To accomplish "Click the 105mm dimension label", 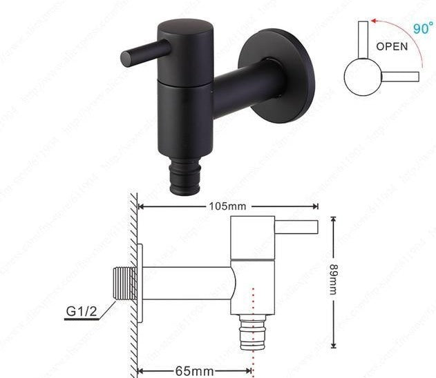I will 229,206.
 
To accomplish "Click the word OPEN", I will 392,47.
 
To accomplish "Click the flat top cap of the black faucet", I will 185,28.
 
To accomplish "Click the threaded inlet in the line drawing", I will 123,283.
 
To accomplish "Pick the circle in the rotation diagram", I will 361,77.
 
